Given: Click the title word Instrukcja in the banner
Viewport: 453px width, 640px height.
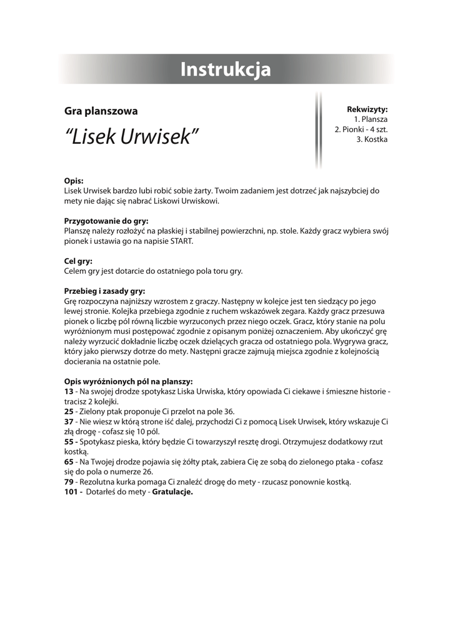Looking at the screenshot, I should [226, 69].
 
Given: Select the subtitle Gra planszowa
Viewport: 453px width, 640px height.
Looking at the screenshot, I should [101, 111].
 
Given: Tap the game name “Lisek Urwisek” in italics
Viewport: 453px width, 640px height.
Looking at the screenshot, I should [131, 136].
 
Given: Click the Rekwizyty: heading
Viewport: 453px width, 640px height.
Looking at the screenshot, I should [367, 109].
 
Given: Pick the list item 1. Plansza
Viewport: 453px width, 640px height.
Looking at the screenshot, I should [371, 119].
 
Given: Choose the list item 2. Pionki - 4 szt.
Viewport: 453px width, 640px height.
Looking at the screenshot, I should [361, 129].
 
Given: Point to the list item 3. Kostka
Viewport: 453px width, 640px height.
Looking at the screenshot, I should [372, 139].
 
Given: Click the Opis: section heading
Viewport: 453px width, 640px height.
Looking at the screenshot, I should [74, 181].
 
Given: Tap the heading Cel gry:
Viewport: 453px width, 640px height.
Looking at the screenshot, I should [78, 261].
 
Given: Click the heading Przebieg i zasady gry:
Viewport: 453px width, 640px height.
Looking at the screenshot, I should [105, 291].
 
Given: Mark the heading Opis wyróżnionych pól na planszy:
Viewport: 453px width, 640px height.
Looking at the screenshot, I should [129, 381].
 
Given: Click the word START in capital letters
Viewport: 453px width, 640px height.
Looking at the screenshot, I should [181, 241].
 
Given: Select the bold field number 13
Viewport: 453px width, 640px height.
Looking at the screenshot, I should [69, 391].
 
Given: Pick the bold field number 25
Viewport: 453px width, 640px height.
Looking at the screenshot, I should [69, 411].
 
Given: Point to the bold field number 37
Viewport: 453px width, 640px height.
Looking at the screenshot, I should [69, 421].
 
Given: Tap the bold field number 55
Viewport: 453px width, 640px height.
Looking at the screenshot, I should [69, 441].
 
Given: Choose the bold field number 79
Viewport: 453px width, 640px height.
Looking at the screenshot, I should [69, 482].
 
